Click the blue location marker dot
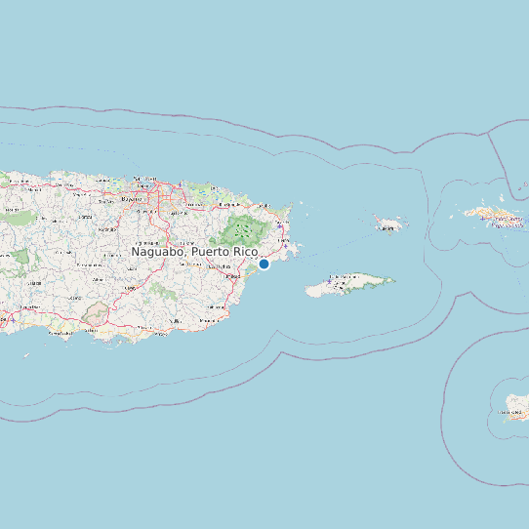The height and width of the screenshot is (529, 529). [x=264, y=264]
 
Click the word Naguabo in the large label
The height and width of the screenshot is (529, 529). [x=159, y=252]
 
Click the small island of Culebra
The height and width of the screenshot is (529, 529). [x=389, y=224]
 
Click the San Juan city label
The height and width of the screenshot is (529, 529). [x=146, y=180]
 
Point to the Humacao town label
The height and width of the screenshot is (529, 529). [x=232, y=276]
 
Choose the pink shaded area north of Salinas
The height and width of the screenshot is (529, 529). [x=96, y=313]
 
